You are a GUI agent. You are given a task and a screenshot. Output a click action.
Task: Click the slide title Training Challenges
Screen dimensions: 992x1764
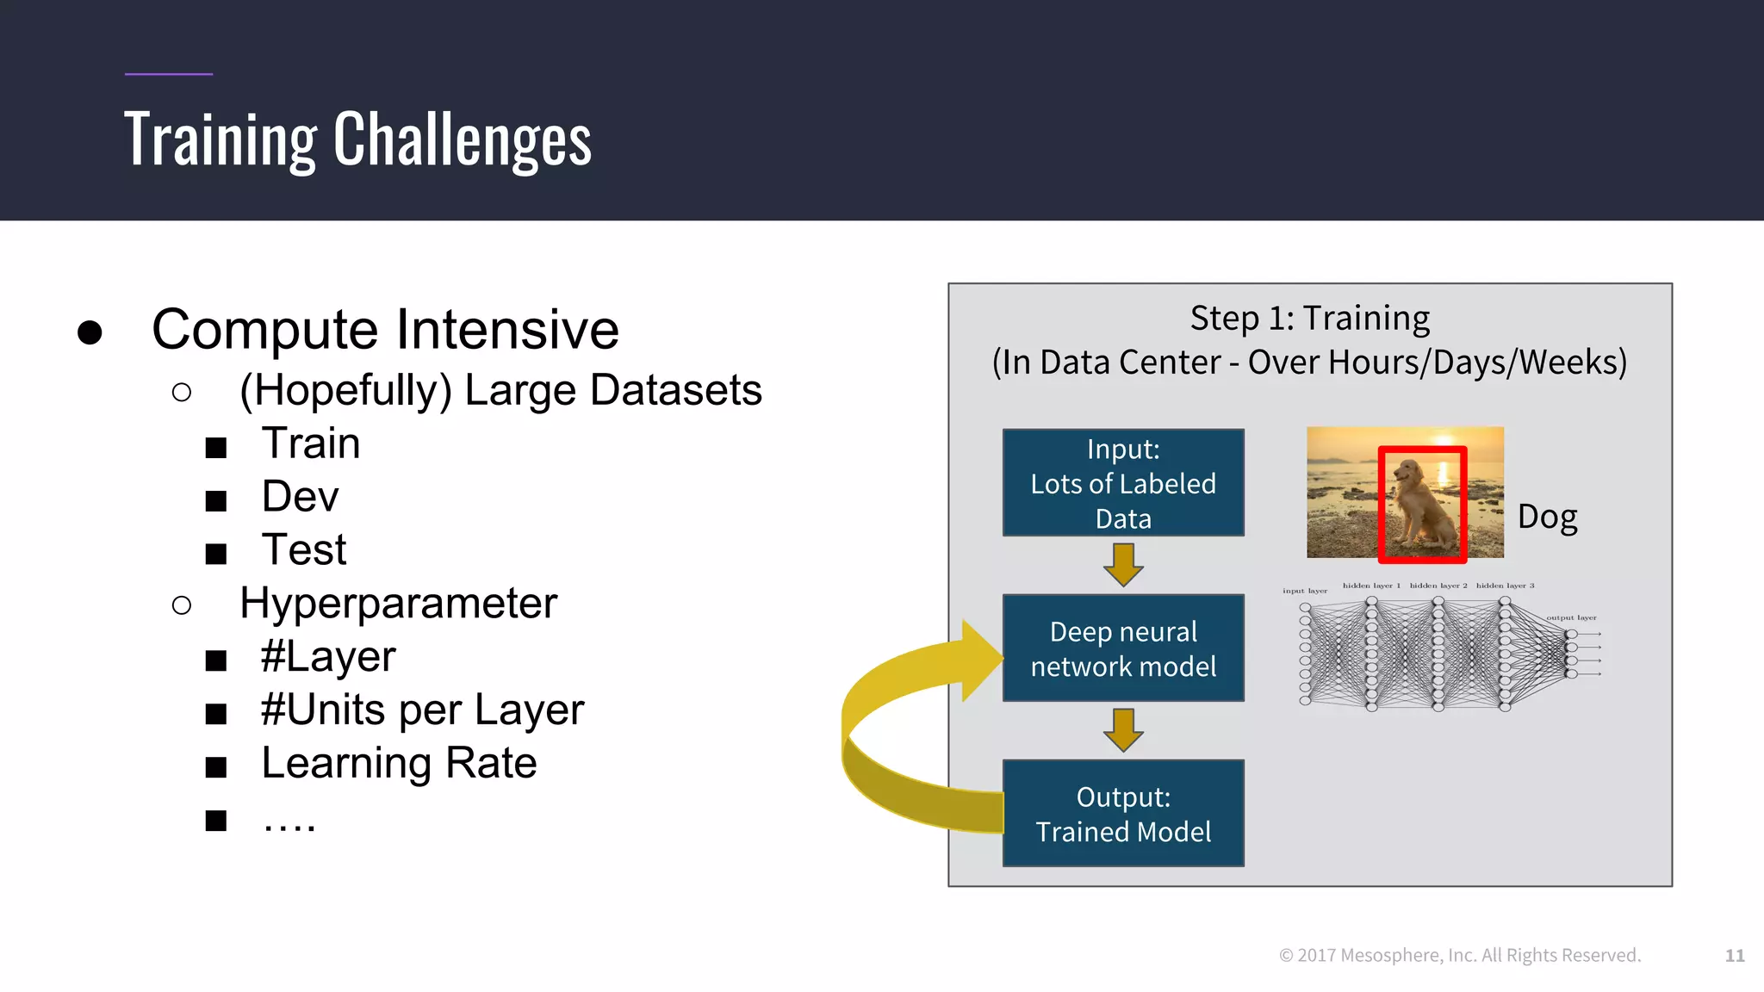[357, 139]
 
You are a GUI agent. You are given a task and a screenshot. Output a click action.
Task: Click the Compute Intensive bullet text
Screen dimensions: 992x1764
[385, 329]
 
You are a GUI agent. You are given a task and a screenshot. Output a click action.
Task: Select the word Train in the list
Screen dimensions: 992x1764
[310, 443]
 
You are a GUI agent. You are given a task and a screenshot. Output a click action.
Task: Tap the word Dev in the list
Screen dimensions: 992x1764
[300, 497]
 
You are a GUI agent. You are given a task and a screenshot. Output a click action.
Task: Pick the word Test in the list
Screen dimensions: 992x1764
[303, 549]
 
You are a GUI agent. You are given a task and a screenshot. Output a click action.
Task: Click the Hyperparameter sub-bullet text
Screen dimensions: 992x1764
[398, 603]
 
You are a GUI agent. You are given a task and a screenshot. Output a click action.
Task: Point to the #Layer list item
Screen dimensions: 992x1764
[328, 657]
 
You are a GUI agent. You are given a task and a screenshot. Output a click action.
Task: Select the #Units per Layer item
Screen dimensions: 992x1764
[422, 710]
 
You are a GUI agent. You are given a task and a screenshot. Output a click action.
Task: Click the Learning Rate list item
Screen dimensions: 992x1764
[399, 763]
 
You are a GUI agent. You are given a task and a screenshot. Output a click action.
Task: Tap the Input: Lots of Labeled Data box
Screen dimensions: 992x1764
[1123, 483]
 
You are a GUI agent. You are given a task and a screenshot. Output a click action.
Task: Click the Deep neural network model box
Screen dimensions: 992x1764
[1123, 648]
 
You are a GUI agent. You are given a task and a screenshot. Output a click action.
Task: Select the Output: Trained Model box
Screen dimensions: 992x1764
[1123, 814]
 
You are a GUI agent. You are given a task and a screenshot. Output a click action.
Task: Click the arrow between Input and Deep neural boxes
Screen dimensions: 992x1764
[1123, 565]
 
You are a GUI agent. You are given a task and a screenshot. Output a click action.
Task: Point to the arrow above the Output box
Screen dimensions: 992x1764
[1123, 729]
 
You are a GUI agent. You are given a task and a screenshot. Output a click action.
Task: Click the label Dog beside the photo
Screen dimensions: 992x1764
[1547, 518]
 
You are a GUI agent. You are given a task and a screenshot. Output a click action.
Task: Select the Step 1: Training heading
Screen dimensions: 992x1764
[1309, 319]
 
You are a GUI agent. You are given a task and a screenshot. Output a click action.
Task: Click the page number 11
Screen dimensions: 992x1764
[1735, 956]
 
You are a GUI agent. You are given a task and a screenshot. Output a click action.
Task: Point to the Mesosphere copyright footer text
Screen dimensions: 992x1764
[1460, 956]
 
